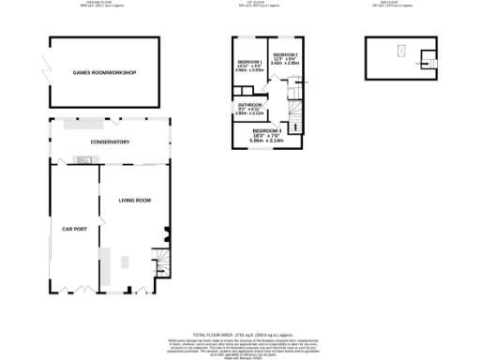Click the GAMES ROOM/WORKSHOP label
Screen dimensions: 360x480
tap(105, 72)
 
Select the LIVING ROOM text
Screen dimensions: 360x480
tap(134, 201)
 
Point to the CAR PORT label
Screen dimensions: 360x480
tap(74, 229)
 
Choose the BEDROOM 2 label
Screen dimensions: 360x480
tap(285, 55)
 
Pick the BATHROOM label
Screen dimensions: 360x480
tap(250, 104)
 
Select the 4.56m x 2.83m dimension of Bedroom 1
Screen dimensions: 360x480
tap(248, 70)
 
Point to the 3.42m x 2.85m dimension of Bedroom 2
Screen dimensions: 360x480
tap(285, 65)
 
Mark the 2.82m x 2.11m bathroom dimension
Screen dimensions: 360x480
tap(250, 113)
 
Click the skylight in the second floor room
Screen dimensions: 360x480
tap(401, 52)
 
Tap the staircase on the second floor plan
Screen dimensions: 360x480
tap(427, 62)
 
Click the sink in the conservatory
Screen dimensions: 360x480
tap(85, 159)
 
